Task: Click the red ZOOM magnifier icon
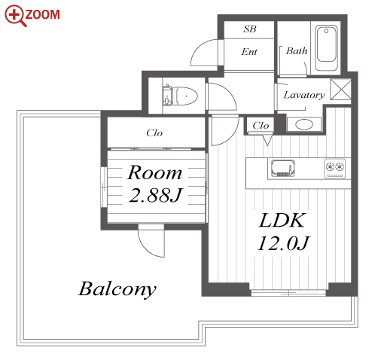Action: coord(14,16)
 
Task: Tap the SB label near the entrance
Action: coord(250,29)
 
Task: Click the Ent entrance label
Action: coord(249,52)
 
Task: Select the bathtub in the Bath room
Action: coord(326,48)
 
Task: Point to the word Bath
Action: coord(297,50)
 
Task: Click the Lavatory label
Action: coord(304,95)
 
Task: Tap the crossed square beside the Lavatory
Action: coord(340,90)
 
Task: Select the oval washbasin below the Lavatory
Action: coord(304,124)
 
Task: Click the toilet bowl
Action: coord(185,96)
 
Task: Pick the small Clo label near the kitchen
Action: coord(261,125)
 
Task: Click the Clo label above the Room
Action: coord(154,133)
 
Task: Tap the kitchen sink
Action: coord(282,168)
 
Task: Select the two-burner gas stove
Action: coord(335,168)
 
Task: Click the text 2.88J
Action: coord(155,196)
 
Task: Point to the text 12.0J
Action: coord(283,243)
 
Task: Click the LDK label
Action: coord(282,221)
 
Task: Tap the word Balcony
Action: coord(117,289)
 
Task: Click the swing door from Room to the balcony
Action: coord(151,240)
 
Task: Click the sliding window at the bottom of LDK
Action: coord(288,293)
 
